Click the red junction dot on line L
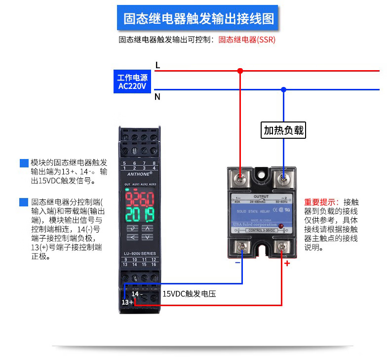(240, 71)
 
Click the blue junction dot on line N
(283, 89)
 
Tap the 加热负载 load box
(283, 130)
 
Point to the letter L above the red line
(157, 65)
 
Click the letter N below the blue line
(157, 97)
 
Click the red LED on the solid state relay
(281, 226)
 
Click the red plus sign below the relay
(287, 263)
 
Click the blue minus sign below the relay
(237, 262)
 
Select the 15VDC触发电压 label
(189, 294)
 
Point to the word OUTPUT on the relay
(261, 196)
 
